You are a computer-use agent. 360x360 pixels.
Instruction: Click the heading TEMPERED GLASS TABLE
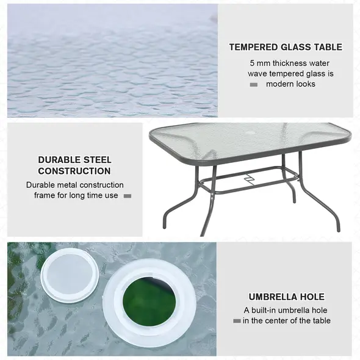click(x=286, y=47)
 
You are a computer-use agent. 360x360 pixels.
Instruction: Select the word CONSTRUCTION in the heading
click(x=74, y=171)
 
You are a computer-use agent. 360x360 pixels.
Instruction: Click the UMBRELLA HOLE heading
click(x=286, y=297)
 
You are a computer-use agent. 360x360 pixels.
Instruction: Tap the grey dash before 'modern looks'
click(x=254, y=84)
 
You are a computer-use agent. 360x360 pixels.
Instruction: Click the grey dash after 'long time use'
click(x=128, y=196)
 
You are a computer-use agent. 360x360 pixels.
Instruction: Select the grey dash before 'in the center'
click(x=237, y=320)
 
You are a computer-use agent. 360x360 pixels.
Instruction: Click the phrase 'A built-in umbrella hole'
click(x=286, y=310)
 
